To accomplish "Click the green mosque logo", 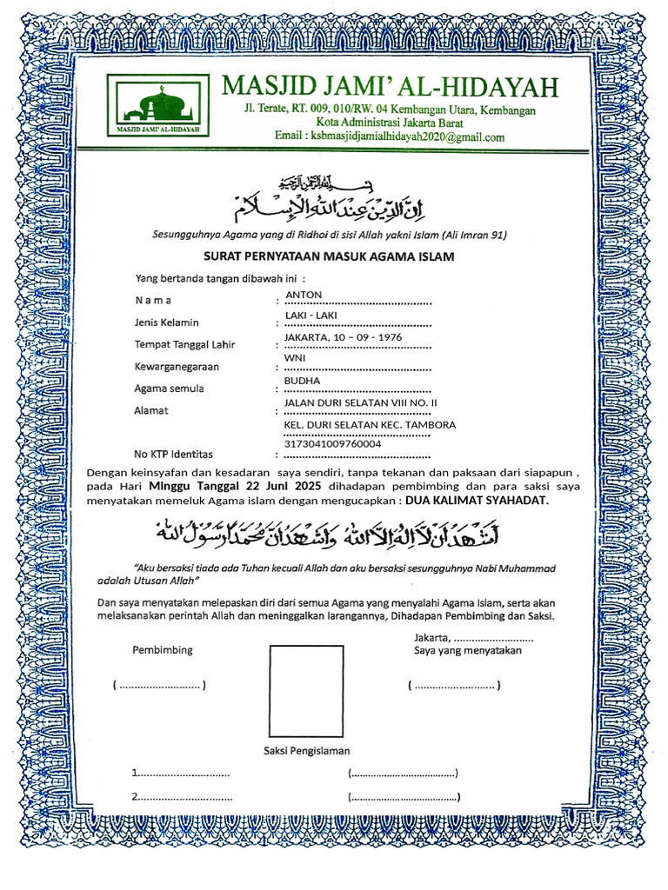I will [157, 105].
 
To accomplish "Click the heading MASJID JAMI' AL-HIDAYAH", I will [390, 86].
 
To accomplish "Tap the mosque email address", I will [389, 137].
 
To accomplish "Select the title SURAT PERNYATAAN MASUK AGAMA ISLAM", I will [329, 257].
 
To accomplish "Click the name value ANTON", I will [303, 296].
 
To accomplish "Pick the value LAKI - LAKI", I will [311, 315].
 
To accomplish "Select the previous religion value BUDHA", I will [303, 381].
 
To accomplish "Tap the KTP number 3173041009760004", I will [332, 444].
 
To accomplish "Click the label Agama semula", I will [169, 389].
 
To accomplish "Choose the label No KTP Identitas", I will [173, 454].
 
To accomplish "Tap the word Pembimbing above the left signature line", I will [163, 650].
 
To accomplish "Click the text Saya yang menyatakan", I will [467, 650].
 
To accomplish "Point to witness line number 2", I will [182, 797].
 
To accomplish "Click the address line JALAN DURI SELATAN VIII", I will [361, 403].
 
